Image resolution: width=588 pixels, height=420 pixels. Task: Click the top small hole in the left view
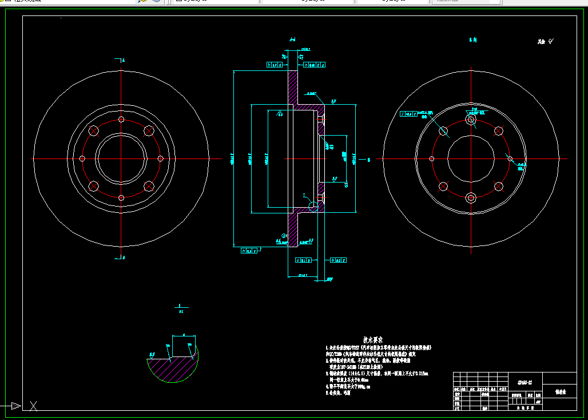(x=121, y=120)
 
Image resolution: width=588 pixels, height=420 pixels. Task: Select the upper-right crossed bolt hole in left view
(x=149, y=131)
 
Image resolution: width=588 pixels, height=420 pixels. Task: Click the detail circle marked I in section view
(x=313, y=204)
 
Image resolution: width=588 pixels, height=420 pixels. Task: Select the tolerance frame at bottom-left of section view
(x=249, y=251)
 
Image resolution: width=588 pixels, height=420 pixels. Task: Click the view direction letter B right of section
(x=370, y=160)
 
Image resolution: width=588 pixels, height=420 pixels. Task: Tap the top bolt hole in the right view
(x=471, y=120)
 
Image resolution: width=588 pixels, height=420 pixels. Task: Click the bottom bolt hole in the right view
(x=471, y=198)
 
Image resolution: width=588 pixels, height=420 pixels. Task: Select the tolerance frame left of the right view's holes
(x=410, y=114)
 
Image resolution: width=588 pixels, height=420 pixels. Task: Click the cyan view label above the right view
(x=472, y=41)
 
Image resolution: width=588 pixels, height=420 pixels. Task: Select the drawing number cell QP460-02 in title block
(x=525, y=382)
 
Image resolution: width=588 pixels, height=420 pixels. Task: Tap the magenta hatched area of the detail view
(x=172, y=372)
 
